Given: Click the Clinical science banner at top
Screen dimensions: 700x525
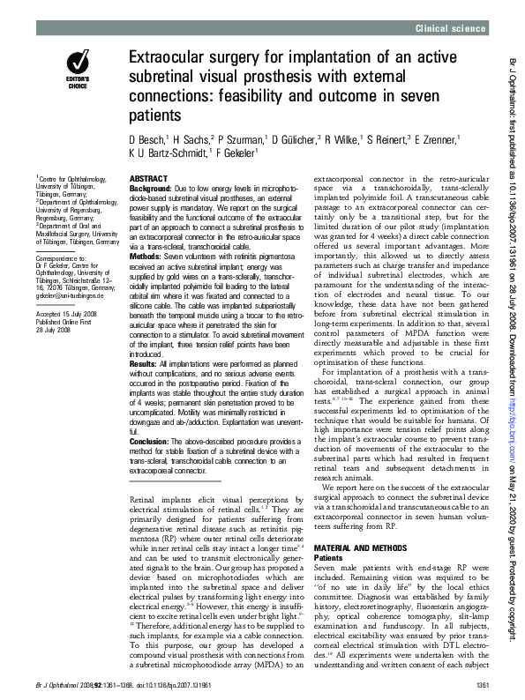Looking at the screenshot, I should pyautogui.click(x=451, y=29).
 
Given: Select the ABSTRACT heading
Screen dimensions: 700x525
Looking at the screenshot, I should pyautogui.click(x=148, y=178).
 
